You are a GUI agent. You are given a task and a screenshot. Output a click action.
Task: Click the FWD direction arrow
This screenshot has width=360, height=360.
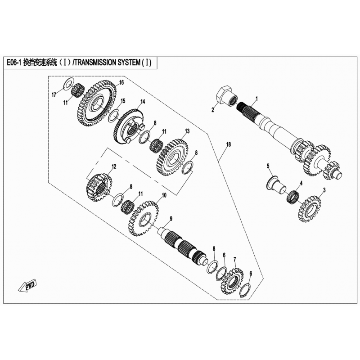click(x=27, y=285)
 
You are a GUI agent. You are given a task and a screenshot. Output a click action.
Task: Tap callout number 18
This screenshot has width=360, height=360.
click(x=228, y=144)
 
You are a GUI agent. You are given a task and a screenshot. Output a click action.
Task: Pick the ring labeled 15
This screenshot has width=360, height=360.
click(x=114, y=115)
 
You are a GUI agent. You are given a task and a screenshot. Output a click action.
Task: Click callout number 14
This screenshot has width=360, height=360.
click(x=143, y=102)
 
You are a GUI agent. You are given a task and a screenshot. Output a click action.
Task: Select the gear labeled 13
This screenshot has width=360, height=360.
click(x=172, y=157)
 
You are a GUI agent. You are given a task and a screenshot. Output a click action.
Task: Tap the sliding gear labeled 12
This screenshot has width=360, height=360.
click(x=99, y=188)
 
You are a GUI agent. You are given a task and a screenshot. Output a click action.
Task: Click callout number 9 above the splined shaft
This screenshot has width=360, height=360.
click(x=171, y=219)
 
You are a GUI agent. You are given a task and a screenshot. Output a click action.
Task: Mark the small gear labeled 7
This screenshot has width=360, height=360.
click(x=232, y=281)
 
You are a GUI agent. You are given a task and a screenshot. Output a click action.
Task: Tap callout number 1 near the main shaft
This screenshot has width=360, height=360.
click(x=256, y=99)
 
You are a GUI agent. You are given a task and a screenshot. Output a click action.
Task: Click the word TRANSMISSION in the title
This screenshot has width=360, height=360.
click(x=96, y=63)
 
